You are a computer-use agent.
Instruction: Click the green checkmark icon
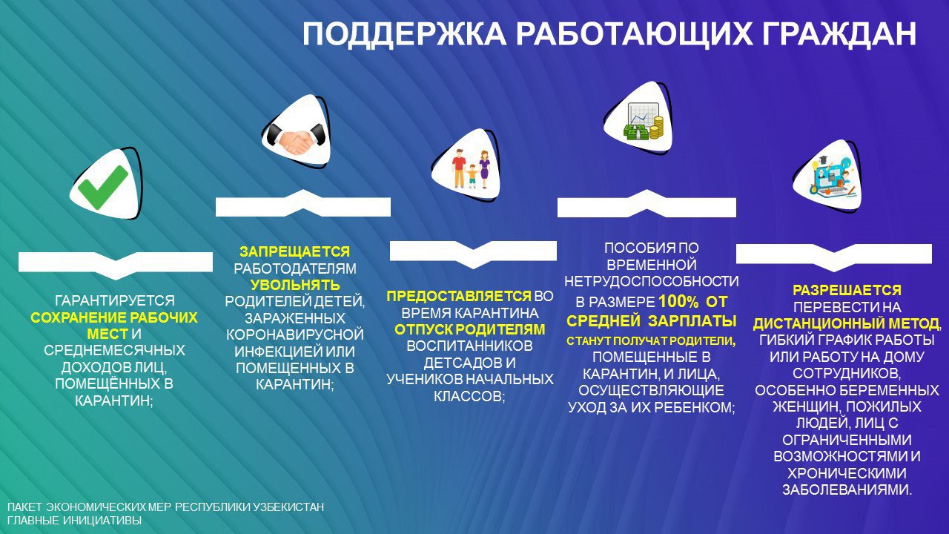pyautogui.click(x=103, y=187)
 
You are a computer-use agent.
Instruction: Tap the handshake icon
pyautogui.click(x=296, y=138)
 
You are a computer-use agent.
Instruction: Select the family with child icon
pyautogui.click(x=471, y=168)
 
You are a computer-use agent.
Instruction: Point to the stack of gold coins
pyautogui.click(x=656, y=127)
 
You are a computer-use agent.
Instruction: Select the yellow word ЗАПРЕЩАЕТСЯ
pyautogui.click(x=295, y=251)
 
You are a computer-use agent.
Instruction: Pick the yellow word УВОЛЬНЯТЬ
pyautogui.click(x=295, y=284)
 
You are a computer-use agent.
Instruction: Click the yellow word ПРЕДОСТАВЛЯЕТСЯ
pyautogui.click(x=459, y=296)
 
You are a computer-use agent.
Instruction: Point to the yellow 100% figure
pyautogui.click(x=678, y=302)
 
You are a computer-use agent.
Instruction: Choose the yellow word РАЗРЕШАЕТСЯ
pyautogui.click(x=847, y=290)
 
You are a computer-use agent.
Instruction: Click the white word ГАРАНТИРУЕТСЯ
pyautogui.click(x=114, y=300)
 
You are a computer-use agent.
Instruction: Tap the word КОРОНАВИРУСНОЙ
pyautogui.click(x=295, y=334)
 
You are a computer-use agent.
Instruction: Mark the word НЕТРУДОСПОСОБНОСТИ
pyautogui.click(x=652, y=281)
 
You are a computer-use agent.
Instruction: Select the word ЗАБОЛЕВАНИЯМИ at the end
pyautogui.click(x=846, y=489)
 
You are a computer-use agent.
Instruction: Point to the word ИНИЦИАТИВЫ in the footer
pyautogui.click(x=102, y=520)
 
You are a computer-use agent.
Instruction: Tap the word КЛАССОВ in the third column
pyautogui.click(x=467, y=396)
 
